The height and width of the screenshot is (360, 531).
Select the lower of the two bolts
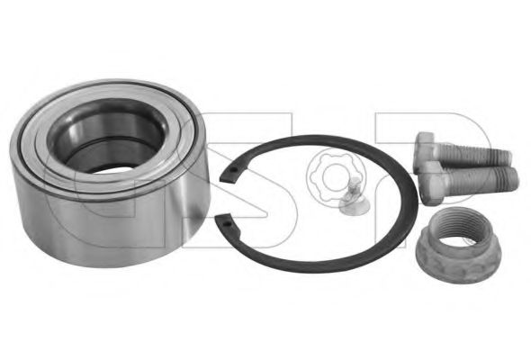467,180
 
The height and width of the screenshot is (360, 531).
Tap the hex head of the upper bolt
425,146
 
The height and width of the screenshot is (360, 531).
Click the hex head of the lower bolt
428,182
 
